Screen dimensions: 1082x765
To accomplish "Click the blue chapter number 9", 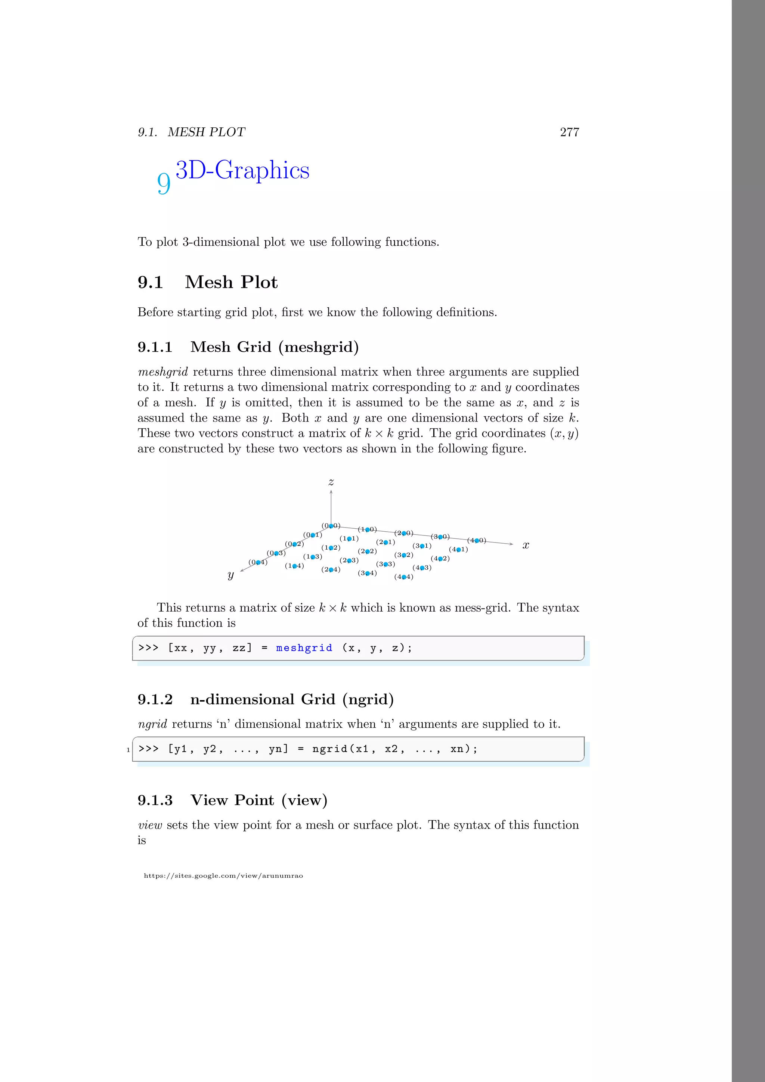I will (x=163, y=183).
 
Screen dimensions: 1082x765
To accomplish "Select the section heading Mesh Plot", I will (x=231, y=282).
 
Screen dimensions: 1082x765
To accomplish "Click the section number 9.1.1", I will (x=155, y=347).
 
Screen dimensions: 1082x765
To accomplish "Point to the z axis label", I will (x=331, y=482).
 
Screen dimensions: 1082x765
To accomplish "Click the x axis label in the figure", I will (x=526, y=545).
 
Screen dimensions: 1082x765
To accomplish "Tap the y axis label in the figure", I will (x=230, y=575).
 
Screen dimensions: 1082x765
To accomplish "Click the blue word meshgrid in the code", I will (x=304, y=648).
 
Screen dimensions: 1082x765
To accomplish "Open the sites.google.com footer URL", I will (x=223, y=876).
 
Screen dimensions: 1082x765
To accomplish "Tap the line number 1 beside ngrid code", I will (x=128, y=750).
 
